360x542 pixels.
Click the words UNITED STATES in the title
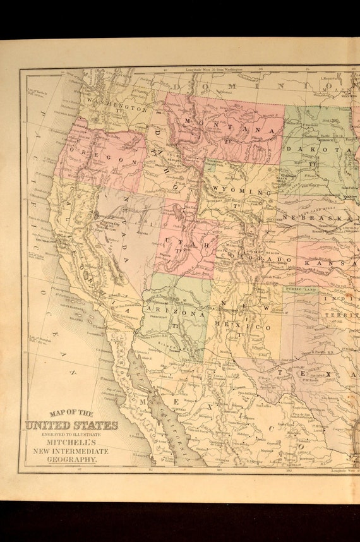coord(71,425)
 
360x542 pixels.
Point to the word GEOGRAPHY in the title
coord(71,461)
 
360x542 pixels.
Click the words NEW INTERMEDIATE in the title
coord(71,451)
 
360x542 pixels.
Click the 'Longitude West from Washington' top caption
coord(215,70)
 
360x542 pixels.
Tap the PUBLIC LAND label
coord(301,288)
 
